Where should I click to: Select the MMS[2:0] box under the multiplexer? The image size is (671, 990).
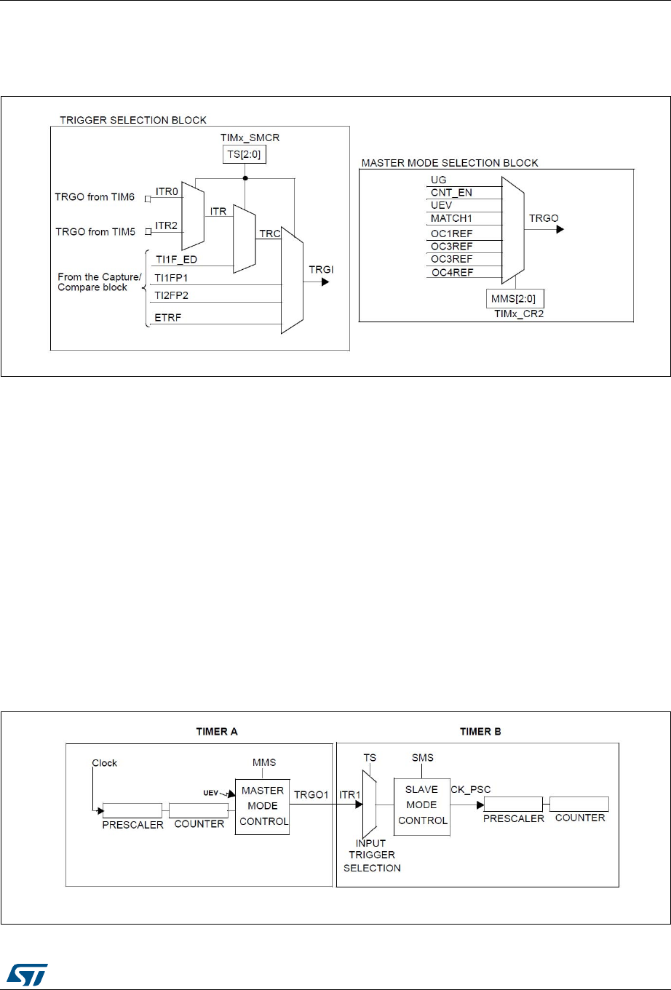click(x=515, y=298)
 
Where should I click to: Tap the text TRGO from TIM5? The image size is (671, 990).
click(x=95, y=231)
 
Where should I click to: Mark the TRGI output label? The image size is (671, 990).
click(x=322, y=269)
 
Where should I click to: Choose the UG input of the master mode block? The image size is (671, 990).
click(x=439, y=180)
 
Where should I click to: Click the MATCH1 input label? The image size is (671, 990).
click(x=451, y=218)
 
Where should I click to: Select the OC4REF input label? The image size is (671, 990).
click(x=452, y=272)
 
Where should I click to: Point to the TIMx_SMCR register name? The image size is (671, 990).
click(x=250, y=137)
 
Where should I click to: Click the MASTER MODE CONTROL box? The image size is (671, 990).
click(x=263, y=805)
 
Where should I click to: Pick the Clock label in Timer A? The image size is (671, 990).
click(x=105, y=763)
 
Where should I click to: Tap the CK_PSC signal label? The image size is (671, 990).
click(x=471, y=789)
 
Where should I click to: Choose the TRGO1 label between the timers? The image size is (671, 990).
click(x=311, y=794)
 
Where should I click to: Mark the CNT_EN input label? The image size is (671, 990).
click(x=451, y=193)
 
